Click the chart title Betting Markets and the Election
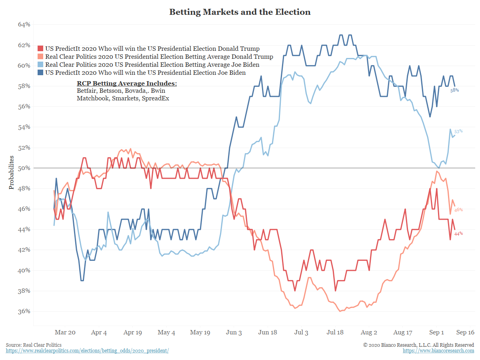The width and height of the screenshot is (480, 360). (x=240, y=12)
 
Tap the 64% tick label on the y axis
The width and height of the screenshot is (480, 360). (x=24, y=25)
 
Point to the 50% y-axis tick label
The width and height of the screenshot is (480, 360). (x=24, y=168)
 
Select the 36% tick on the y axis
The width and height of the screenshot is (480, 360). (x=24, y=311)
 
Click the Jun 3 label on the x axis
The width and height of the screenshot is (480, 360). (x=234, y=332)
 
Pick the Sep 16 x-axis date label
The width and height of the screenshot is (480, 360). (x=465, y=332)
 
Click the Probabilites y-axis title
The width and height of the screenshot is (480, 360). (x=12, y=172)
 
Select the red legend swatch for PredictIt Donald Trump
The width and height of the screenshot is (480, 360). (x=40, y=49)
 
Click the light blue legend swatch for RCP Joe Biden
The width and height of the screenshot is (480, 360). (x=40, y=65)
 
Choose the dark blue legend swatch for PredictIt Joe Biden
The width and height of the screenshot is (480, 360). (x=40, y=73)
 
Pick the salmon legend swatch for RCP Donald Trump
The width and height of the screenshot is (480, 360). (x=40, y=57)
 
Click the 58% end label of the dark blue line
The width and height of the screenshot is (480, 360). (x=455, y=90)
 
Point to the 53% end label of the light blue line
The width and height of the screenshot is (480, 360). (x=458, y=131)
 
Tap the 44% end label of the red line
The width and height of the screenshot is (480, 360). (x=458, y=234)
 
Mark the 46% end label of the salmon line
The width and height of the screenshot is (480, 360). (x=458, y=210)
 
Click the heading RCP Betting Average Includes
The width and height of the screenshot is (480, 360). (x=126, y=84)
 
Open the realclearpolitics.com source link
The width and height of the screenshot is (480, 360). (x=87, y=351)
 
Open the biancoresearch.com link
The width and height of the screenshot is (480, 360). (x=438, y=351)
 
